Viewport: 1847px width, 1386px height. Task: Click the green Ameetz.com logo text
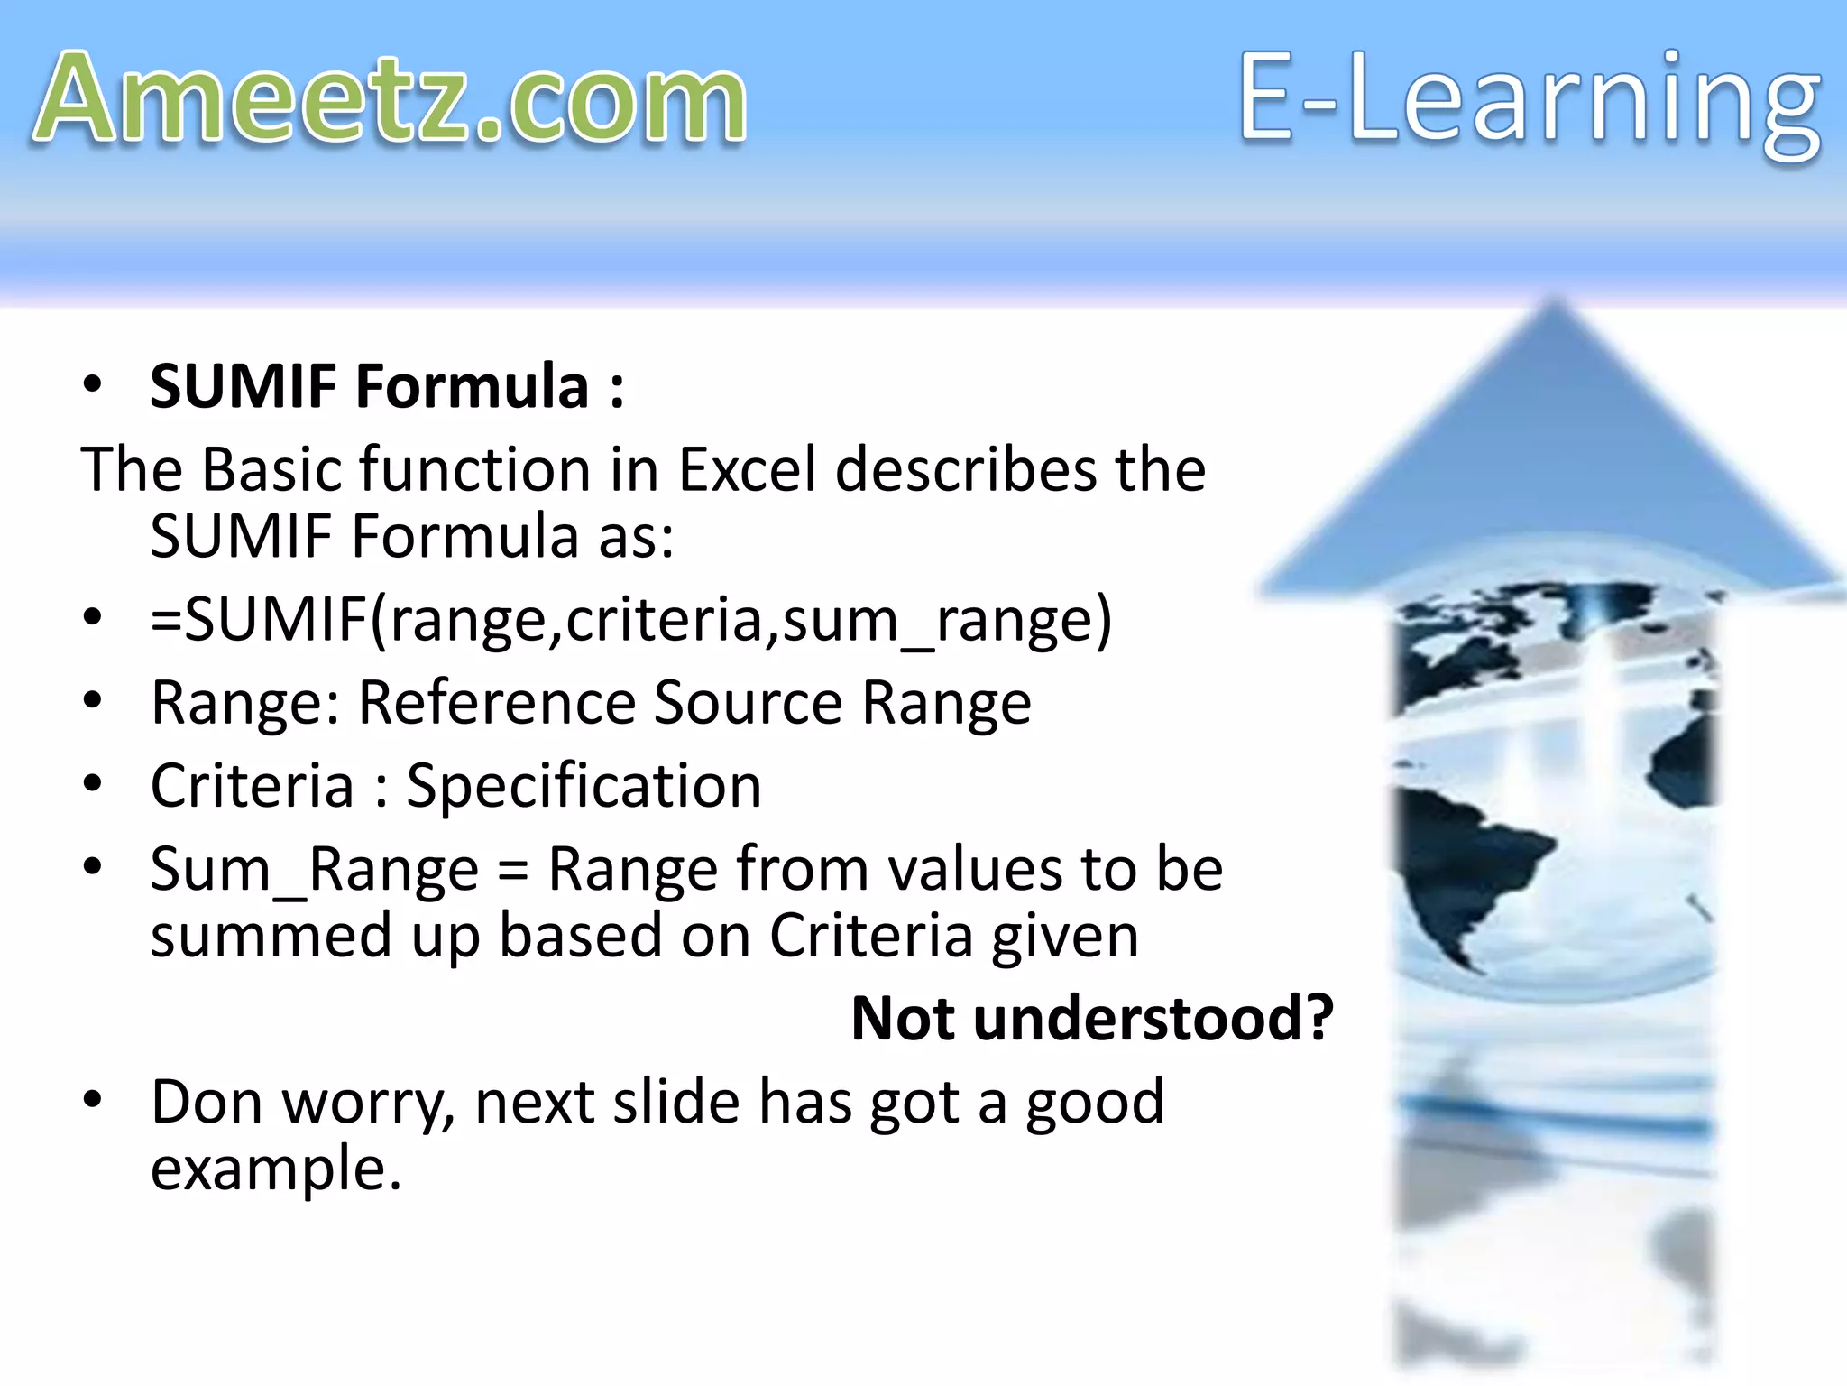[x=390, y=99]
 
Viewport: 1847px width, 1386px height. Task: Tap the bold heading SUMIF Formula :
[x=387, y=386]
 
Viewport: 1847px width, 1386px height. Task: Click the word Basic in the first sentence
[x=271, y=470]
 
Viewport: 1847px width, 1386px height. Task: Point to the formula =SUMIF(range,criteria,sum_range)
[x=631, y=621]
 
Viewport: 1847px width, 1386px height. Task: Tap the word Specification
[x=584, y=786]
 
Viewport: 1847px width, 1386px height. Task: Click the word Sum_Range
[x=314, y=870]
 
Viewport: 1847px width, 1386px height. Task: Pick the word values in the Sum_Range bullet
[x=976, y=870]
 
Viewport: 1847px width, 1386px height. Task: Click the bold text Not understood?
[x=1092, y=1019]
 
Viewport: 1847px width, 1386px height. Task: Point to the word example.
[x=275, y=1169]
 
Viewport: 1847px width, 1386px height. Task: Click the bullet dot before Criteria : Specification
[x=92, y=784]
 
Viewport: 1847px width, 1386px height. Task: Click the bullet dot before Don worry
[x=92, y=1100]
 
